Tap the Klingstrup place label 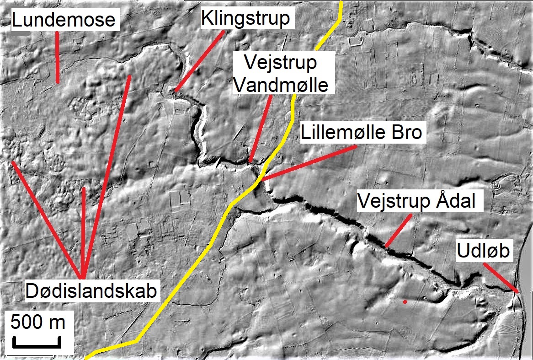click(x=245, y=19)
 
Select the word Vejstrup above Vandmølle click(x=281, y=62)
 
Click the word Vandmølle click(x=281, y=85)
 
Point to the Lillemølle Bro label click(x=361, y=133)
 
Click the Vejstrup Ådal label click(x=420, y=201)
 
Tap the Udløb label click(x=483, y=251)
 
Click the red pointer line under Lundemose click(x=57, y=57)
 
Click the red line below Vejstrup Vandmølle click(x=261, y=128)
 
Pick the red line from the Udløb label click(x=501, y=277)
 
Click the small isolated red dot click(x=405, y=302)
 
